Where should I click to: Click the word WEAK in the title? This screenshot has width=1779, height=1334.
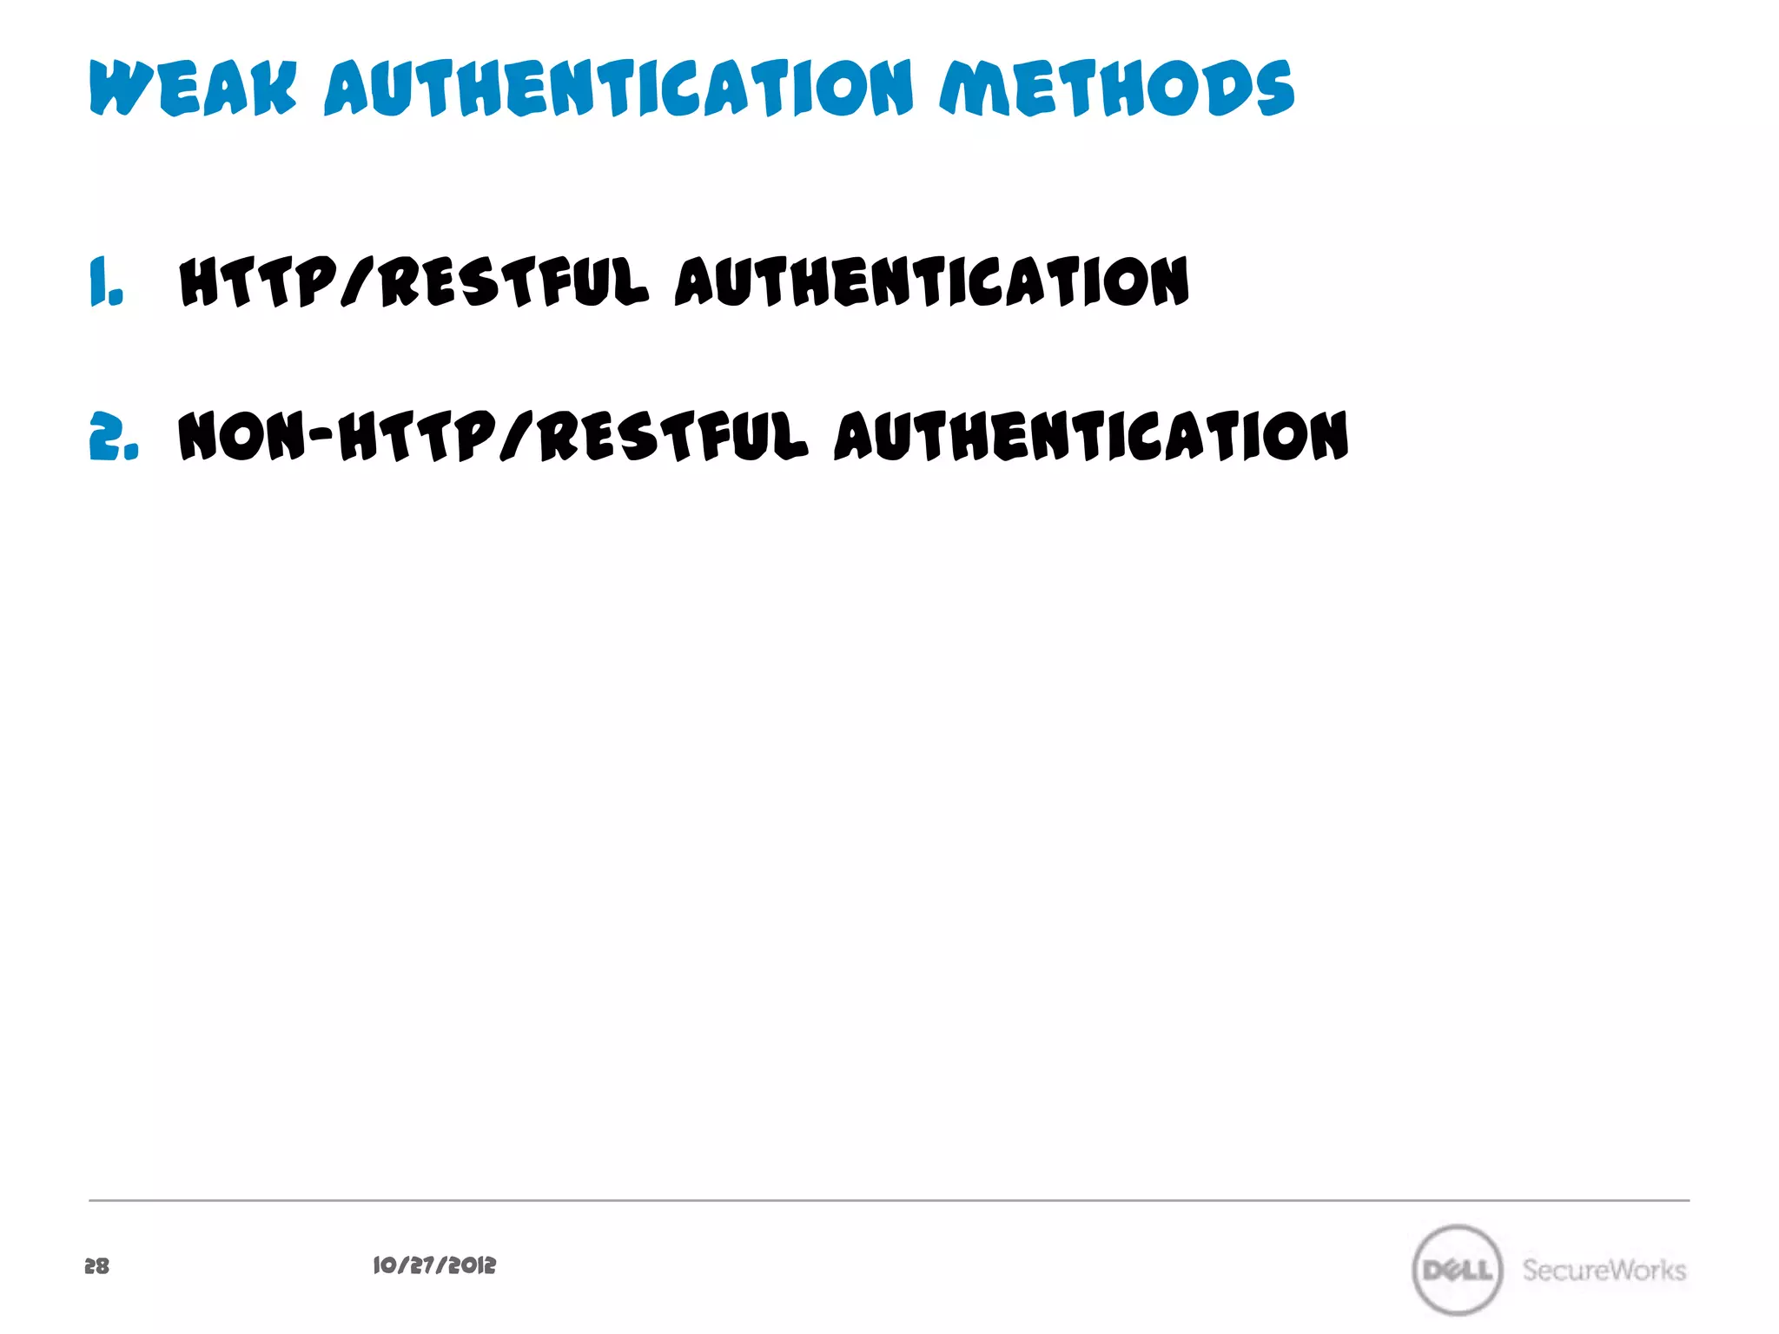(193, 89)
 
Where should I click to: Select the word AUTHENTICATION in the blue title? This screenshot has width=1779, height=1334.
(618, 89)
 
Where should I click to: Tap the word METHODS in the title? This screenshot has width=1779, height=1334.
(1116, 89)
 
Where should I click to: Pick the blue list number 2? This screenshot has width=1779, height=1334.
(113, 436)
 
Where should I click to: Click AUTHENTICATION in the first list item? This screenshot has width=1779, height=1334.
(932, 282)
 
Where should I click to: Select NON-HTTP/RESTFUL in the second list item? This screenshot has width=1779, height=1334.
(493, 436)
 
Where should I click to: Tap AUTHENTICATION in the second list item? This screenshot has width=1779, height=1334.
(1092, 436)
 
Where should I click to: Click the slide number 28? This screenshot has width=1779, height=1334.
(96, 1266)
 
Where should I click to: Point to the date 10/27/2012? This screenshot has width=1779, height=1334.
(434, 1265)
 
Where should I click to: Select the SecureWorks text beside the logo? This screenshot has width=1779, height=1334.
(1604, 1270)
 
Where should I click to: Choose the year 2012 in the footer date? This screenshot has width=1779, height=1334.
(474, 1265)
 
